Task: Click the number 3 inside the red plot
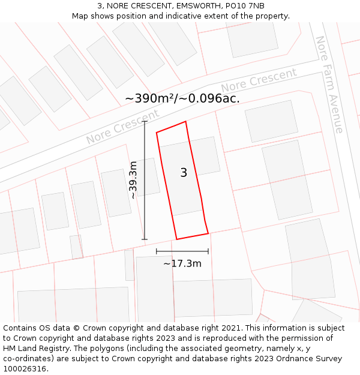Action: tap(184, 173)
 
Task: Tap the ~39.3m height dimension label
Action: tap(133, 180)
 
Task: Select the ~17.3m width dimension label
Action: tap(182, 263)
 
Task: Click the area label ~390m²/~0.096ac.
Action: tap(182, 98)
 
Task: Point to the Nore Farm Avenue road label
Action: tap(329, 84)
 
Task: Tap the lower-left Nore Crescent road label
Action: tap(122, 127)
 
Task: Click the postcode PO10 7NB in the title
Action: tap(245, 6)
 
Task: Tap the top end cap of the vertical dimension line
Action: tap(145, 121)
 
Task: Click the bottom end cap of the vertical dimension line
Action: tap(145, 239)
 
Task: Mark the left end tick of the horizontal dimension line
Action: tap(157, 251)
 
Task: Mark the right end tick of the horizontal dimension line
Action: tap(208, 251)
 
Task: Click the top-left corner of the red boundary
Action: tap(157, 133)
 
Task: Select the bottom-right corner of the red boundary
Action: tap(208, 233)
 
